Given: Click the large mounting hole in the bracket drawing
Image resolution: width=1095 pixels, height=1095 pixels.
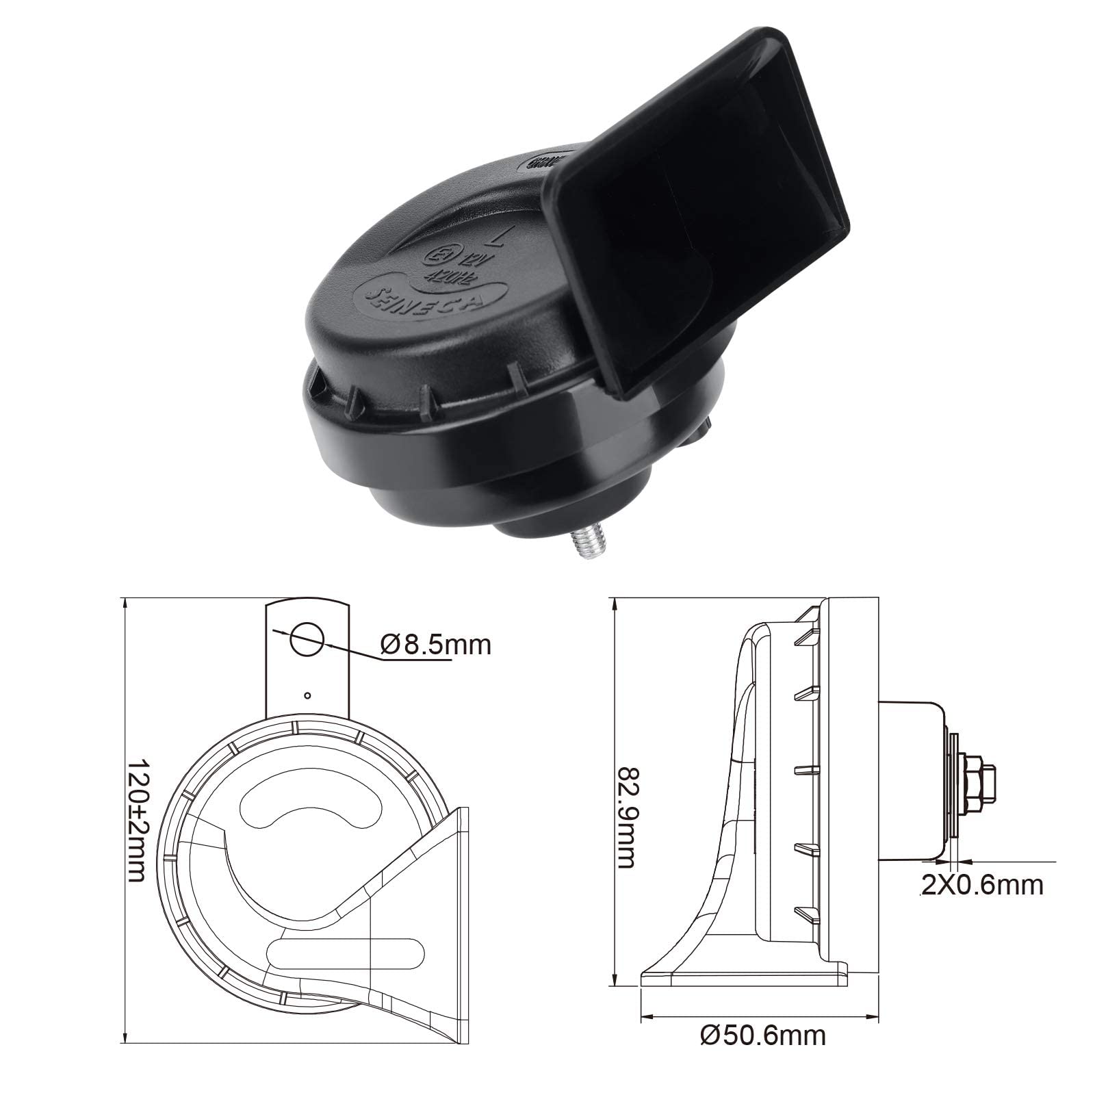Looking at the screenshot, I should (x=306, y=639).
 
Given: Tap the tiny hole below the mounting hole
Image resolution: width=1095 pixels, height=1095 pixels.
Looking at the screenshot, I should (x=307, y=696).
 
